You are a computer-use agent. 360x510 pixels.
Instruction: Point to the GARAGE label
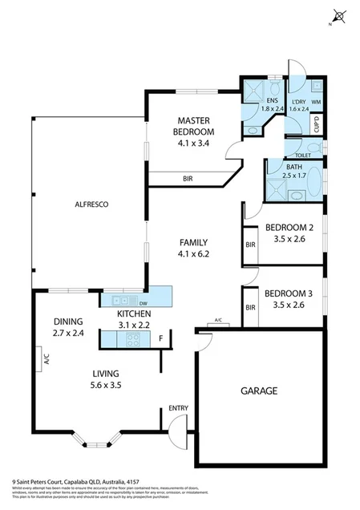(x=258, y=391)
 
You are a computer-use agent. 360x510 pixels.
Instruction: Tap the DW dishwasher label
(x=144, y=303)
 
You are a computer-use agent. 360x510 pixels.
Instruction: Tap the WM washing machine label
(x=317, y=102)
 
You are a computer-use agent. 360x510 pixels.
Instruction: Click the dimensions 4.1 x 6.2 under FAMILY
(x=193, y=253)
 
